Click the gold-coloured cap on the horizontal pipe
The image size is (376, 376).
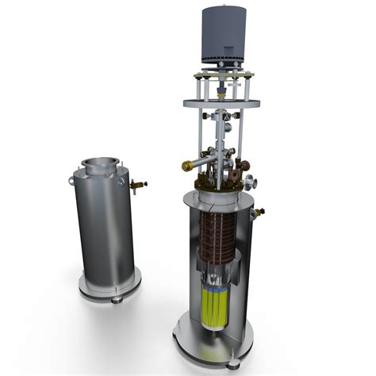click(x=189, y=166)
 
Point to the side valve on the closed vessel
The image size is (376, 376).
click(x=140, y=186)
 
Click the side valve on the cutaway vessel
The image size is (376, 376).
click(x=259, y=212)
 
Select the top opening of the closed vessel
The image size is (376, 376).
click(x=100, y=164)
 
